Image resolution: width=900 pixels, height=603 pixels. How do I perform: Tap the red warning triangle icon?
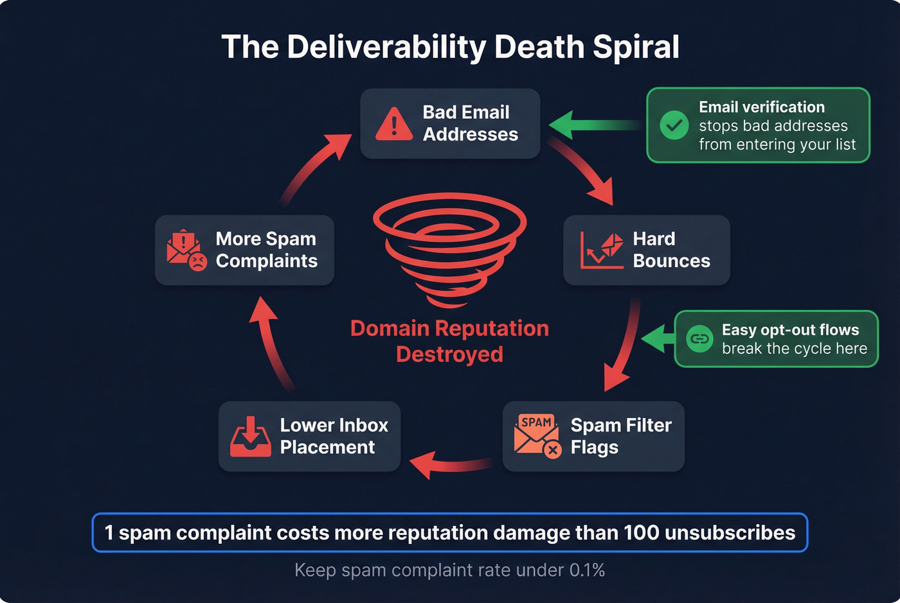(x=393, y=124)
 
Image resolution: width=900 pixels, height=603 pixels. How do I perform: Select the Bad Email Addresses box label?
(x=470, y=123)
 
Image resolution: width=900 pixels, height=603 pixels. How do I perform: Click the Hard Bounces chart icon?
(x=602, y=250)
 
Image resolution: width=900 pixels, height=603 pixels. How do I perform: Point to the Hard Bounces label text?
(x=671, y=250)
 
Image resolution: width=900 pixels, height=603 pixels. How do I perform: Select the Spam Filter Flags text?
(x=620, y=436)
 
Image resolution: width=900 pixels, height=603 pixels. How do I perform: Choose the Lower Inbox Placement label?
(x=334, y=436)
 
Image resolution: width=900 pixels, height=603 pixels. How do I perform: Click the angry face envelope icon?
(x=186, y=250)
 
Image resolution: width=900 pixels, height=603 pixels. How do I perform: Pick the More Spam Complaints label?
(x=266, y=250)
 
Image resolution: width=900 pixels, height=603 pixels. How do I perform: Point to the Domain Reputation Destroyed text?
(x=449, y=341)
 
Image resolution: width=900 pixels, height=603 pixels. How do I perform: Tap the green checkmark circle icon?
(x=674, y=125)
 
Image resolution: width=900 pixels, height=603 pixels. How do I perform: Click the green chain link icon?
(x=699, y=338)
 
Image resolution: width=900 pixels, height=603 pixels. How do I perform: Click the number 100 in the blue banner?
(x=641, y=532)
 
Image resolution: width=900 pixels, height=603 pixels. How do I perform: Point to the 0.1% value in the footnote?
(x=587, y=570)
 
